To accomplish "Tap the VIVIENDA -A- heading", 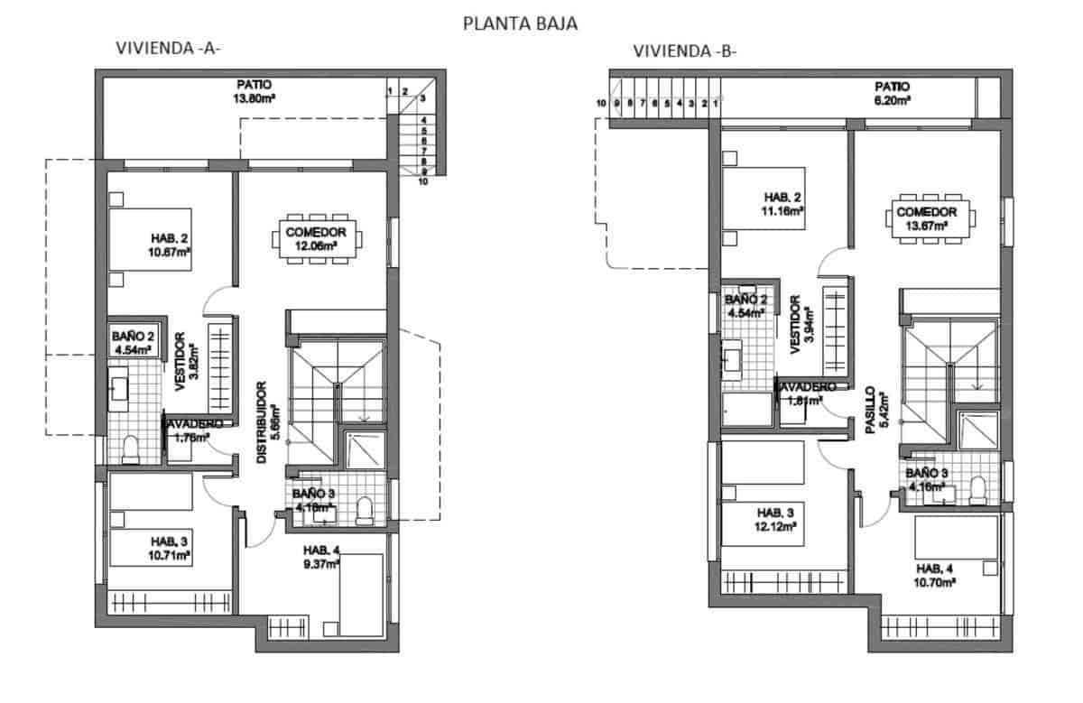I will [x=168, y=50].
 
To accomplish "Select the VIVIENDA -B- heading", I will [x=686, y=51].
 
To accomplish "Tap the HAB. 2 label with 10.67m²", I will [x=170, y=238].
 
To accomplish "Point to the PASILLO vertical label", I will [x=874, y=412].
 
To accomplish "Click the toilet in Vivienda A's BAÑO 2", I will [x=131, y=449].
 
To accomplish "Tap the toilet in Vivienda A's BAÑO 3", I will [x=365, y=510].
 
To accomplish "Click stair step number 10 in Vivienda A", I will [x=422, y=180].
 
